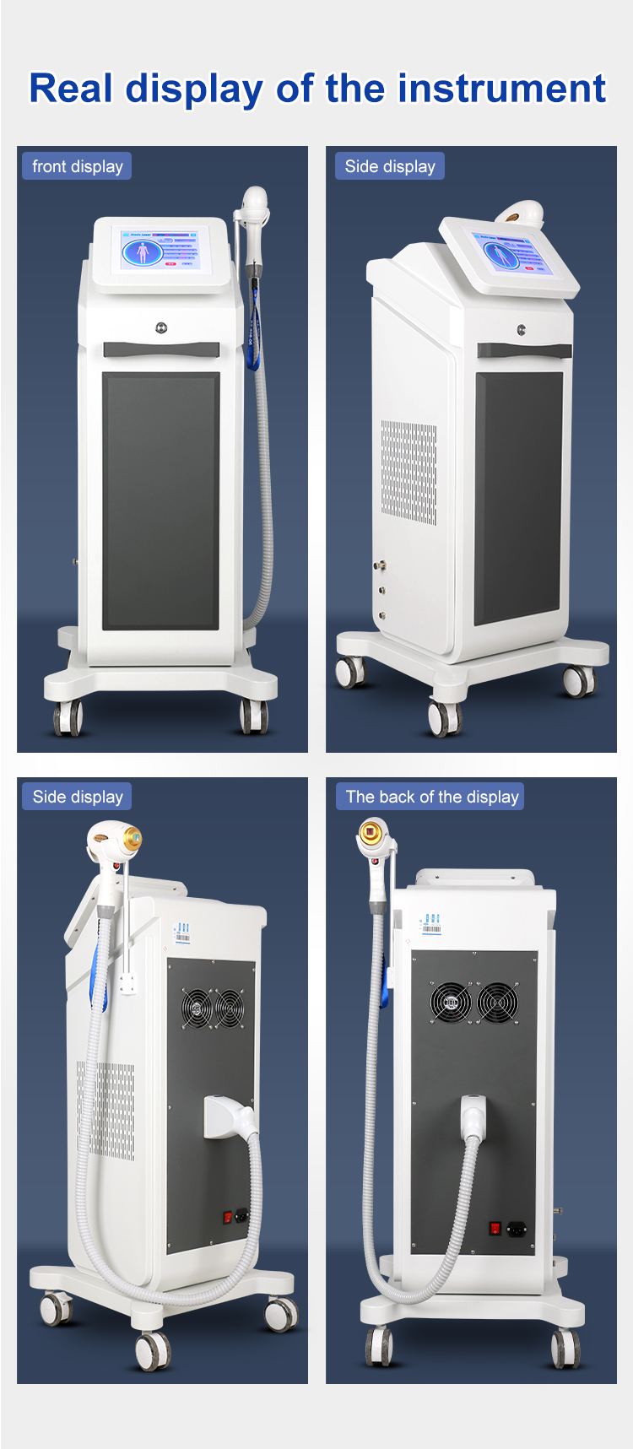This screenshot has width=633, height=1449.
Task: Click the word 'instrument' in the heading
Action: pos(501,89)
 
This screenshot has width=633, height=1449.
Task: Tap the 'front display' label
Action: pos(77,166)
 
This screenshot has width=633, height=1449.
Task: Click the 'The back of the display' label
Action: pos(431,797)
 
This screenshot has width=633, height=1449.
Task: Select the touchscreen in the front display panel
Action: pos(160,250)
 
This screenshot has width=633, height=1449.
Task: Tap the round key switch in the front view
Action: pos(161,328)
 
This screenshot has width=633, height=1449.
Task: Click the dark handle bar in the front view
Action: pos(161,349)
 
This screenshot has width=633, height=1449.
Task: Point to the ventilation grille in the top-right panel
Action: pos(408,473)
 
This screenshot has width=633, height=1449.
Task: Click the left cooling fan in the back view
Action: pos(450,1003)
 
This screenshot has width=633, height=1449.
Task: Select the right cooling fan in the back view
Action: pos(497,1003)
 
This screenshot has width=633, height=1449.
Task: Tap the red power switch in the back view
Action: pos(496,1229)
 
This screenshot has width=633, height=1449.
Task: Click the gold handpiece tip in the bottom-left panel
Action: pos(131,841)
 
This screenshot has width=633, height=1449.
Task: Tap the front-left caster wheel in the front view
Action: pos(68,717)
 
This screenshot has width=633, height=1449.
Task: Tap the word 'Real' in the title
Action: pos(71,89)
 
